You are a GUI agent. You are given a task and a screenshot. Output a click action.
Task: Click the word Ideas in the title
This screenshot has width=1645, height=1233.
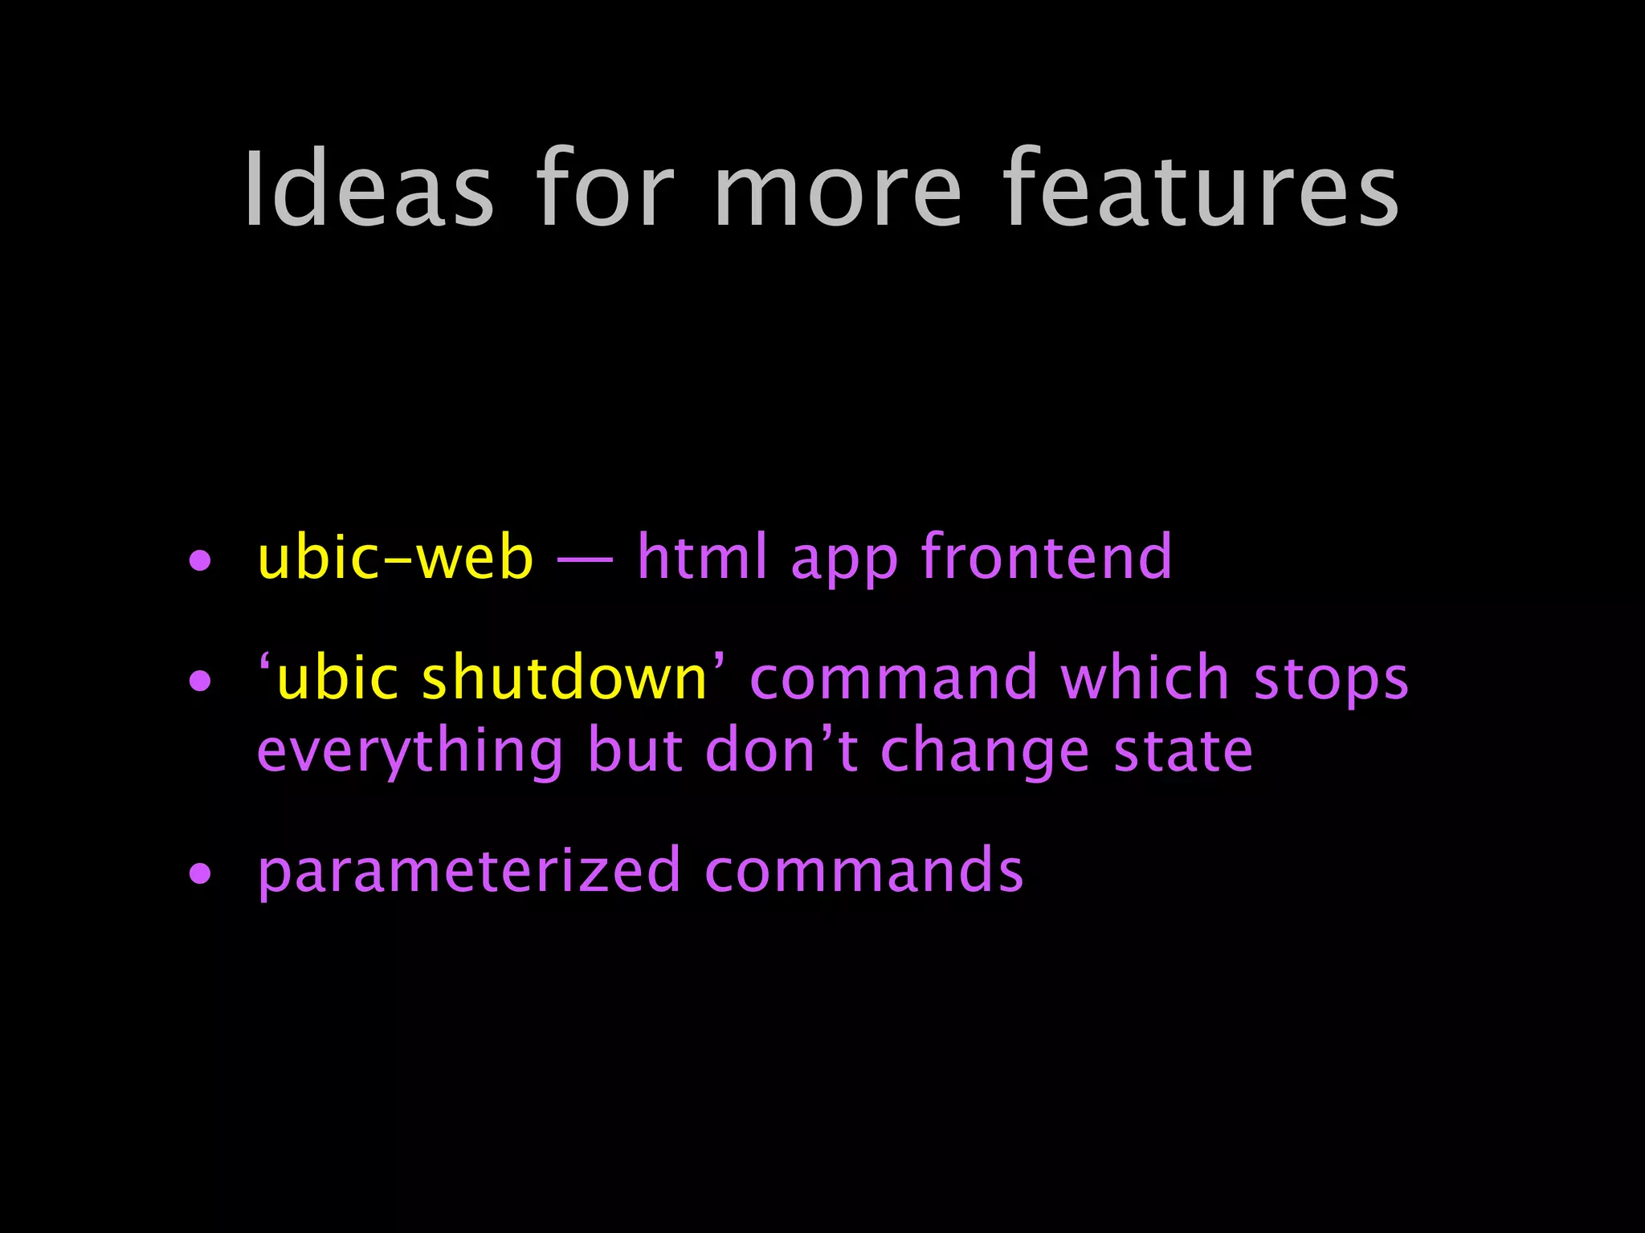pyautogui.click(x=369, y=190)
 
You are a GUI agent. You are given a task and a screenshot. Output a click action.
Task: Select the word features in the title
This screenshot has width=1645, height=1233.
pyautogui.click(x=1202, y=190)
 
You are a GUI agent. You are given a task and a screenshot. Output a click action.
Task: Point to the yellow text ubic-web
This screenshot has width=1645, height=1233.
pyautogui.click(x=395, y=557)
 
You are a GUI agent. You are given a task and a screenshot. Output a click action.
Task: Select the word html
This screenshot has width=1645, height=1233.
pyautogui.click(x=702, y=557)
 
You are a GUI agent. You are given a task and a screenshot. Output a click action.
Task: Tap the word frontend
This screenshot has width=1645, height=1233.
pyautogui.click(x=1047, y=557)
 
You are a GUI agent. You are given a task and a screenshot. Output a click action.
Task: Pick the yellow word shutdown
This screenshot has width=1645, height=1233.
pyautogui.click(x=564, y=678)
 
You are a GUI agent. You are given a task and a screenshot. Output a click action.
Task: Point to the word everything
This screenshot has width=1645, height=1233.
pyautogui.click(x=410, y=753)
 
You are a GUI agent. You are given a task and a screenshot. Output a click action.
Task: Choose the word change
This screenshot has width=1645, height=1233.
pyautogui.click(x=985, y=753)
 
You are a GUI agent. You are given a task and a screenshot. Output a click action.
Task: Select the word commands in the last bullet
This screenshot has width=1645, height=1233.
pyautogui.click(x=863, y=872)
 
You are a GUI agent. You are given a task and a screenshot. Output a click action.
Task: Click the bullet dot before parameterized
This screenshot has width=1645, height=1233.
pyautogui.click(x=200, y=874)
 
